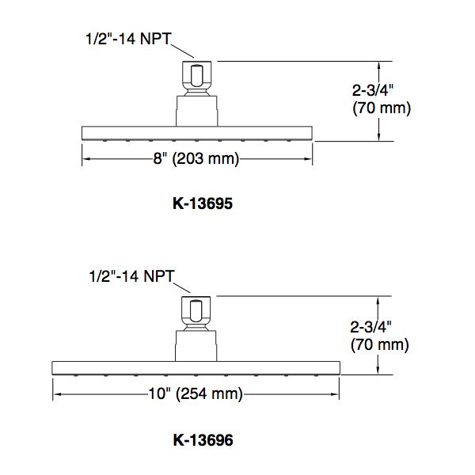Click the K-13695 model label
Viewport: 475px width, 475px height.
point(203,203)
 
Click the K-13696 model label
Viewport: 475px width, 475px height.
point(203,440)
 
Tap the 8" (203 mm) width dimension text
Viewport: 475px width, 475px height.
point(196,158)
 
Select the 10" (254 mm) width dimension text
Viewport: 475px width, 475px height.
point(196,393)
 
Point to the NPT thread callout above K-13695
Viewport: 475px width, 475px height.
point(128,39)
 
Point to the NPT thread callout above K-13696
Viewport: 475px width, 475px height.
point(131,276)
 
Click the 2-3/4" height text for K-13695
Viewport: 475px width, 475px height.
point(373,90)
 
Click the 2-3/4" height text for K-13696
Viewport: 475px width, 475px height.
point(370,327)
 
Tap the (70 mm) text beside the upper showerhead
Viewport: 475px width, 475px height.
point(382,108)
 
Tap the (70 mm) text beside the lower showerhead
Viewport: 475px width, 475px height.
point(379,344)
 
